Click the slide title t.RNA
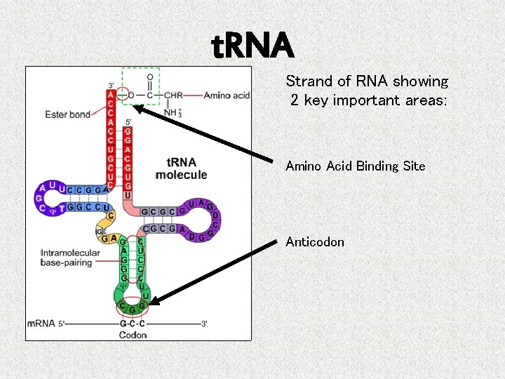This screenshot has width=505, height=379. coord(252,46)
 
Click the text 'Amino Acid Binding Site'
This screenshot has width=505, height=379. coord(355,166)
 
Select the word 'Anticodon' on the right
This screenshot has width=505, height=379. coord(314,242)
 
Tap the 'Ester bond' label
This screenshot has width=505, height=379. coord(67,114)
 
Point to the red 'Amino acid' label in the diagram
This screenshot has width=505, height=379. coord(227,95)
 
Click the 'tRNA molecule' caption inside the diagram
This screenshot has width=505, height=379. coord(181,168)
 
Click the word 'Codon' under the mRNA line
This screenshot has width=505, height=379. coord(132,335)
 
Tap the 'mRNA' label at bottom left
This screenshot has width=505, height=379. coord(42,324)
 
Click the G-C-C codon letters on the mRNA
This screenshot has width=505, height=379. coord(132,324)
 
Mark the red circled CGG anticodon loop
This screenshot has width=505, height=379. coord(132,306)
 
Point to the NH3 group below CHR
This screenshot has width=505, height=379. coord(170,111)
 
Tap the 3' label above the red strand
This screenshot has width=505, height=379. coord(111,86)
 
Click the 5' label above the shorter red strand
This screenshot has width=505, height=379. coord(127,122)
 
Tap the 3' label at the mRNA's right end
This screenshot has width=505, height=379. coord(204,324)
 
